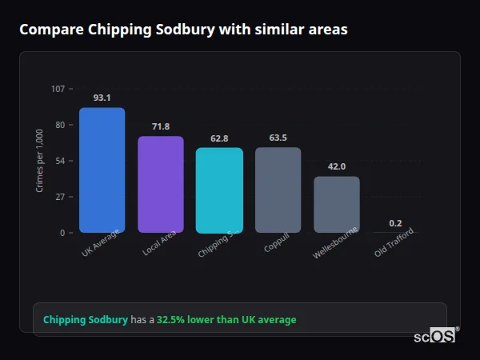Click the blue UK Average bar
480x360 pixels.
[102, 170]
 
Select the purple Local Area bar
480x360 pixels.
[161, 185]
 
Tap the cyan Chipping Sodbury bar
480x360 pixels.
[219, 190]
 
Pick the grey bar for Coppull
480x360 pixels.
[278, 190]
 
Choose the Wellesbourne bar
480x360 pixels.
[336, 205]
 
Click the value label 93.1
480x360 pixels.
[102, 98]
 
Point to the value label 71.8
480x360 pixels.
[161, 126]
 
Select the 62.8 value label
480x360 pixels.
[219, 138]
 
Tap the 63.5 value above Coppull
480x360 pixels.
[278, 138]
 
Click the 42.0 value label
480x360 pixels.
[336, 166]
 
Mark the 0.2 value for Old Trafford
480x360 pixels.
[395, 223]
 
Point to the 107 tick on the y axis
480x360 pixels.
[58, 89]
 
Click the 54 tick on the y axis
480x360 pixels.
[60, 161]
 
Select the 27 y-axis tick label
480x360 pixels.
[60, 197]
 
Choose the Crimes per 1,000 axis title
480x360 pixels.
[39, 161]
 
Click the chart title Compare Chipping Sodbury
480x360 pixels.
[183, 30]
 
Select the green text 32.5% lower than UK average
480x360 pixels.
[226, 320]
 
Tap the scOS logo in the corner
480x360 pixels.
[435, 336]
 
